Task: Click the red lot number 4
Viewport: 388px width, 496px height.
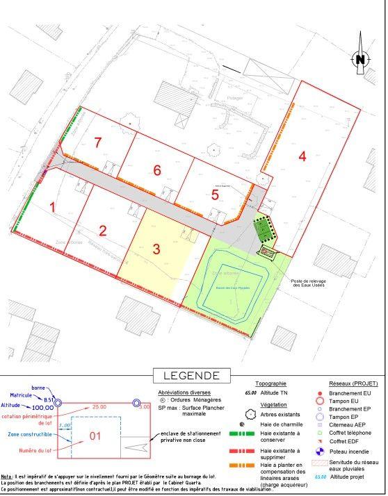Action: coord(302,156)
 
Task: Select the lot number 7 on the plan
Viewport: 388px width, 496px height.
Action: coord(98,142)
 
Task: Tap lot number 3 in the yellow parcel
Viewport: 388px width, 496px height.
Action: coord(157,248)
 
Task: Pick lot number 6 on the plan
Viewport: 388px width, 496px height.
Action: coord(157,170)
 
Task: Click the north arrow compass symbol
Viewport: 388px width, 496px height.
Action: coord(359,58)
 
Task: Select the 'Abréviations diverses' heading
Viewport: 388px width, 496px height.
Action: coord(181,391)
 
